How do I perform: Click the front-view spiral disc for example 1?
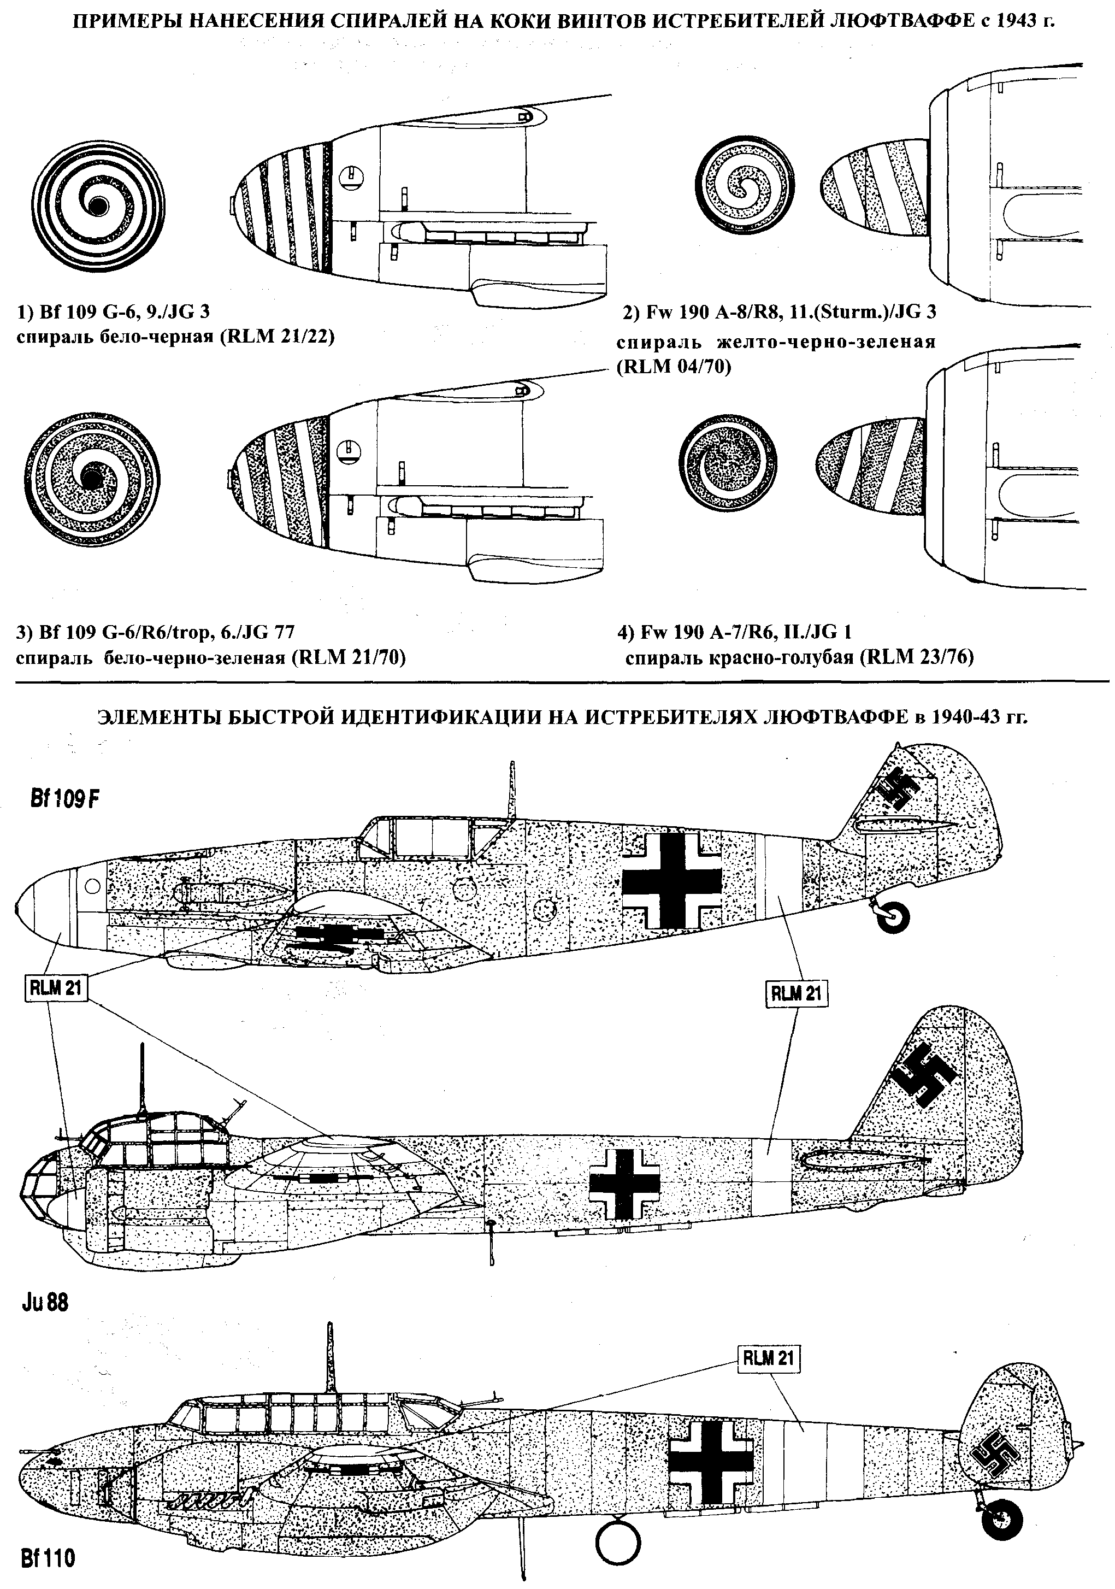click(x=99, y=205)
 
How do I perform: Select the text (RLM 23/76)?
click(x=916, y=656)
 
